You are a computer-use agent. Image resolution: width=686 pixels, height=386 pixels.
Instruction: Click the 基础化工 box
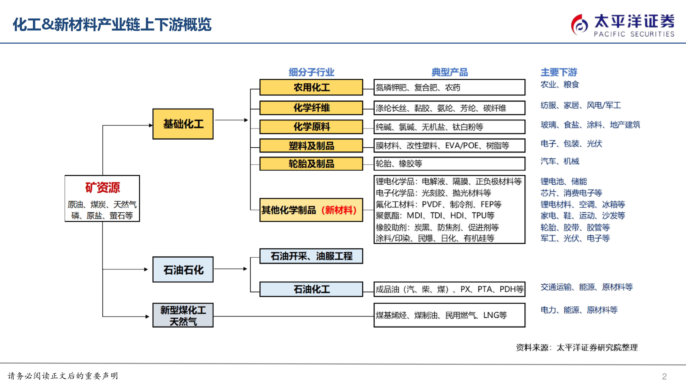183,124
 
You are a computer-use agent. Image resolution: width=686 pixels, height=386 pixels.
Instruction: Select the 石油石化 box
183,269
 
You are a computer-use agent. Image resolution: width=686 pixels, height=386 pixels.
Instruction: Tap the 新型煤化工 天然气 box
183,315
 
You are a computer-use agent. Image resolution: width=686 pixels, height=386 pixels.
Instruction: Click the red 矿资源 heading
103,187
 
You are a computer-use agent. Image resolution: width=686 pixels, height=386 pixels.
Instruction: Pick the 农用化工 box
311,87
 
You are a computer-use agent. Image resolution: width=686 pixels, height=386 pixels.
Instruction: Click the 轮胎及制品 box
311,163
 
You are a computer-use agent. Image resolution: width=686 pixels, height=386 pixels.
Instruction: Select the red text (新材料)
339,210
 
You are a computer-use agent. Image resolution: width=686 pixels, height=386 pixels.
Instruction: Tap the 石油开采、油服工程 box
311,256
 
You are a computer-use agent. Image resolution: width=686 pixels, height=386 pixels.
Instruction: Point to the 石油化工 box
311,289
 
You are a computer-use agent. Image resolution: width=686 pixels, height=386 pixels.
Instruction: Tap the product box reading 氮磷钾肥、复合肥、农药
449,87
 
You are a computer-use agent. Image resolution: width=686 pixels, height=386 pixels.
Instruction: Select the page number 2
664,376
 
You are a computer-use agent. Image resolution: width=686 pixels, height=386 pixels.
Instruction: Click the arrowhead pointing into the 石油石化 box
146,269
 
